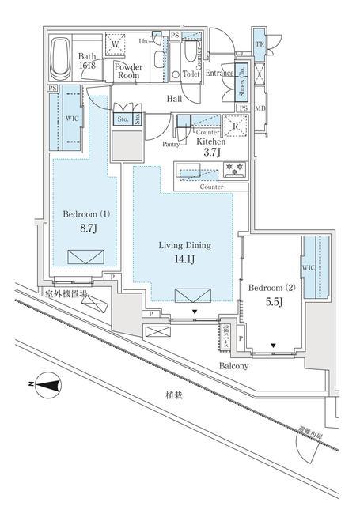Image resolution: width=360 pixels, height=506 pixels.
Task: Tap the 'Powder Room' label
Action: [x=128, y=72]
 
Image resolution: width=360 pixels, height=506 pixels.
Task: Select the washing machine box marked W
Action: [x=116, y=44]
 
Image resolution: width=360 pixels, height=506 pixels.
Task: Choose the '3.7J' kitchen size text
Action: [x=211, y=151]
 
